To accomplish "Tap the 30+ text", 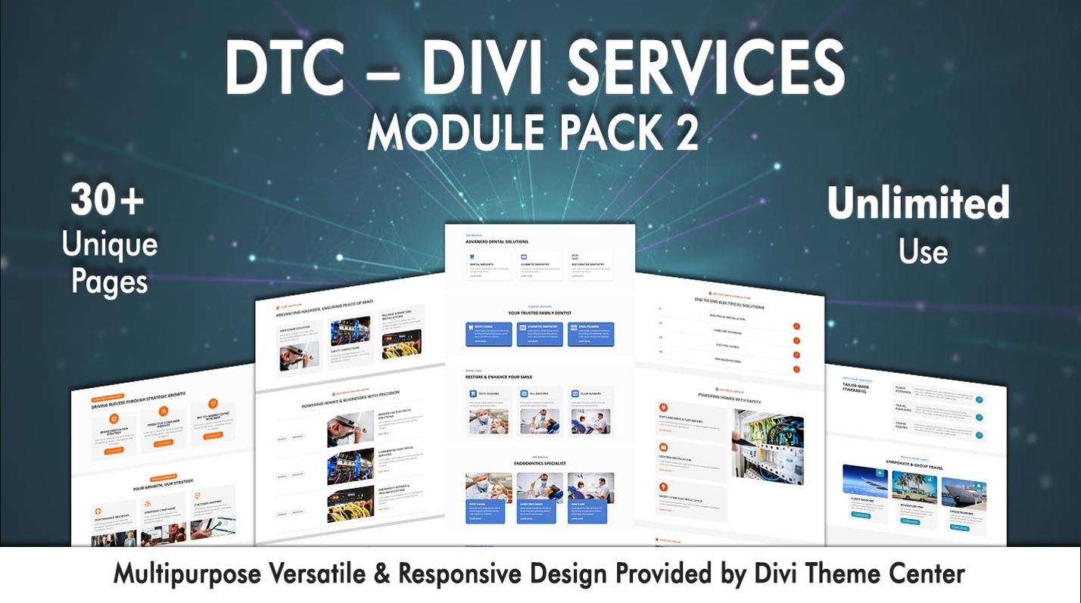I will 107,202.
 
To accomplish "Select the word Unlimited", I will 917,202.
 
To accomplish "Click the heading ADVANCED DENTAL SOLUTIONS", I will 497,242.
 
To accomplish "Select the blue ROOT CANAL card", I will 488,334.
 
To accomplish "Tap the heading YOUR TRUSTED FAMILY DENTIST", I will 539,312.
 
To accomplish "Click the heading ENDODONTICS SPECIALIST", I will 539,463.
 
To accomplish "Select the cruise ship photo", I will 963,496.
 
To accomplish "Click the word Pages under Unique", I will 109,281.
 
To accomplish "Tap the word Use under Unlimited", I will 923,250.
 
